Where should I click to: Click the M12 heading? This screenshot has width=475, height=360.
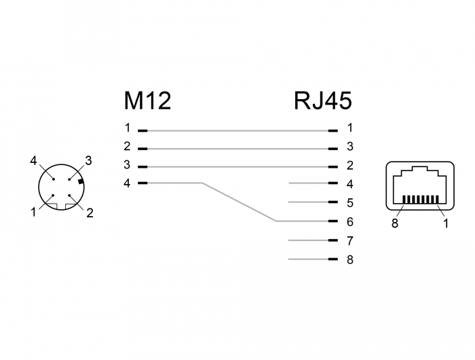(x=147, y=101)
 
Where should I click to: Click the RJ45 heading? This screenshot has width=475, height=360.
(x=323, y=101)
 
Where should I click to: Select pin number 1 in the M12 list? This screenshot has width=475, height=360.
(x=127, y=128)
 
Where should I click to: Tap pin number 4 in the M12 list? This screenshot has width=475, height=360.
(x=127, y=183)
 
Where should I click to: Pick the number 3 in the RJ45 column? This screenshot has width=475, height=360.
(x=350, y=147)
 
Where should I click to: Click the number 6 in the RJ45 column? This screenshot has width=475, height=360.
(x=350, y=221)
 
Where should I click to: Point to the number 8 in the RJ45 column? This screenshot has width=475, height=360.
(x=350, y=259)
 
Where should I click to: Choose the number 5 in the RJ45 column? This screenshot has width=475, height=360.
(x=350, y=202)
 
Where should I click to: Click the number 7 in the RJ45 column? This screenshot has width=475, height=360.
(x=350, y=240)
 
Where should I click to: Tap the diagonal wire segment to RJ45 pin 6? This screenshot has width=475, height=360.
(x=239, y=202)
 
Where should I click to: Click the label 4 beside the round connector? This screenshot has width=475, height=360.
(x=33, y=161)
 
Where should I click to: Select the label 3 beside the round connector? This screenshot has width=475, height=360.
(x=88, y=161)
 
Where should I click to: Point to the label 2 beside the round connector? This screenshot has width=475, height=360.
(x=90, y=213)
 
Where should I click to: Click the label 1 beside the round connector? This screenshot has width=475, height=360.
(x=33, y=213)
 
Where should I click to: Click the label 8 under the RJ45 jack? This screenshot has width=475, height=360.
(x=395, y=223)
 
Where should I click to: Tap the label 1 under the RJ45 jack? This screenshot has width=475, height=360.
(x=446, y=223)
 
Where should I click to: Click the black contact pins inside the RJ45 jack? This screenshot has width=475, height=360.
(x=420, y=200)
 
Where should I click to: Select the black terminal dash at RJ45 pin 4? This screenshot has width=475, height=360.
(x=332, y=183)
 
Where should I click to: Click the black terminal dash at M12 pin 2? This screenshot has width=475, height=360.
(x=142, y=147)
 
